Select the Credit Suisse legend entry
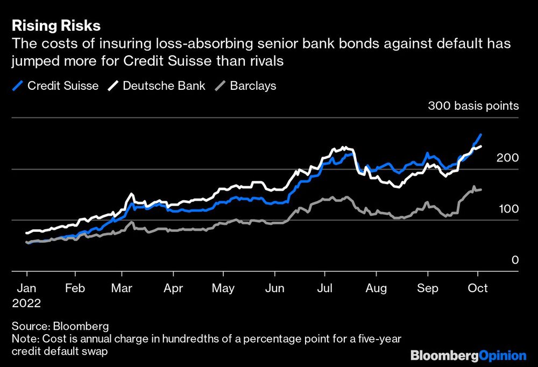point(55,86)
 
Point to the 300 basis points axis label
point(473,105)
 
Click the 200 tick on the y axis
point(508,158)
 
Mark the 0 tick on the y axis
point(515,260)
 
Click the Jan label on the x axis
point(27,288)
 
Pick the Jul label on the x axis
point(324,288)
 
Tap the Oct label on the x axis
point(477,288)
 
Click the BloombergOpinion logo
point(468,356)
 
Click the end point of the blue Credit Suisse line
point(480,135)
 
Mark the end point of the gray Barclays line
point(480,189)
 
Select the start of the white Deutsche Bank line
point(27,233)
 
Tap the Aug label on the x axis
point(376,288)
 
